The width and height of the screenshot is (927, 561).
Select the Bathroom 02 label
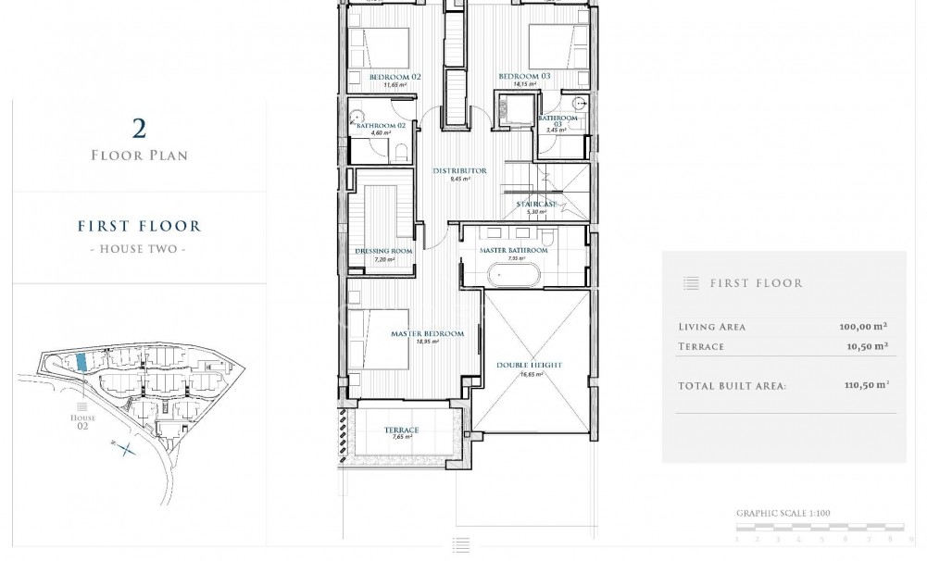[379, 125]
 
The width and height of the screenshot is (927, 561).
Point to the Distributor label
[459, 171]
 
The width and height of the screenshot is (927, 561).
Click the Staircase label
[536, 204]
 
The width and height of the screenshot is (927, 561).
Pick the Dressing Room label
[382, 251]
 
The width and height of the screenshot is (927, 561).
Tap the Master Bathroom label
[513, 251]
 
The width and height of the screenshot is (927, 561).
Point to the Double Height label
[529, 366]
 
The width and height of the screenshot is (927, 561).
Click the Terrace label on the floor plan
[402, 430]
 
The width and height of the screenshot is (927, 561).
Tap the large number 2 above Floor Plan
[140, 129]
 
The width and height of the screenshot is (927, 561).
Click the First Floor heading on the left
[140, 226]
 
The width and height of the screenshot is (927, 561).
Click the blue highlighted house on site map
[81, 362]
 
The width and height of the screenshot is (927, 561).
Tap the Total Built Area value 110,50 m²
[862, 384]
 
